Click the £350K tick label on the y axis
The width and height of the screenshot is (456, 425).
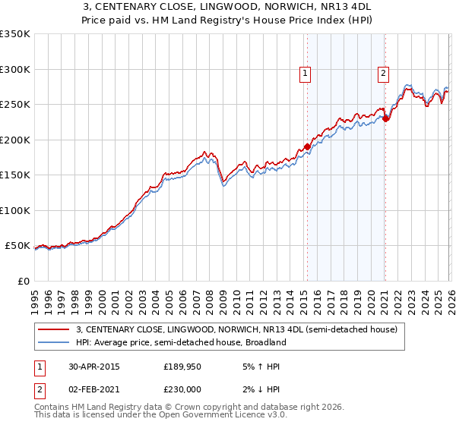coord(15,34)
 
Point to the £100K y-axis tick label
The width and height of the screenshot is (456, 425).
coord(15,210)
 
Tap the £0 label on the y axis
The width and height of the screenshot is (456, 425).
coord(23,281)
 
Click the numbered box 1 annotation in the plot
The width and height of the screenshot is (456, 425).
coord(305,74)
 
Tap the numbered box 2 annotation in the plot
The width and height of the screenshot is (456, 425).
coord(382,74)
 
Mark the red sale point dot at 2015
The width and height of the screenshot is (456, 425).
coord(307,146)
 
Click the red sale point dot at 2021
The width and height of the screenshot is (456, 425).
coord(385,118)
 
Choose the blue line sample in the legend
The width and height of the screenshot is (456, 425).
coord(54,342)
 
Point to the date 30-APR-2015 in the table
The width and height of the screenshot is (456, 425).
coord(93,366)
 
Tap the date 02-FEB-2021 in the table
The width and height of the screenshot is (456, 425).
coord(93,389)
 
